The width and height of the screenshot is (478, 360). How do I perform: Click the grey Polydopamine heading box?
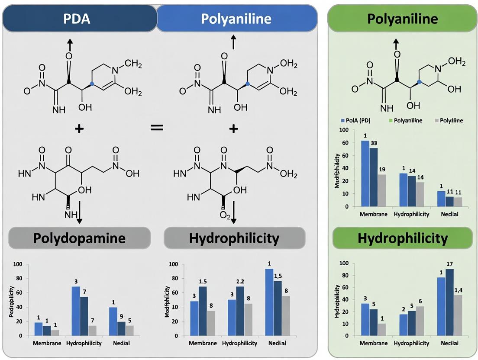click(80, 238)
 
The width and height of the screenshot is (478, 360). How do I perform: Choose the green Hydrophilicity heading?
click(402, 238)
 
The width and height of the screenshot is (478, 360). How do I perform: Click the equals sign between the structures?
click(157, 128)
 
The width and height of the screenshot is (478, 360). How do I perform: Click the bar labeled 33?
click(374, 177)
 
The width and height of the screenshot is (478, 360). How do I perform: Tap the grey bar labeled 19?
click(381, 190)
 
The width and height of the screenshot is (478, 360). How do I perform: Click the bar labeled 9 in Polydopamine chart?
click(121, 328)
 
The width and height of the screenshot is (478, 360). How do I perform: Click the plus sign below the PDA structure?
click(79, 129)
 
